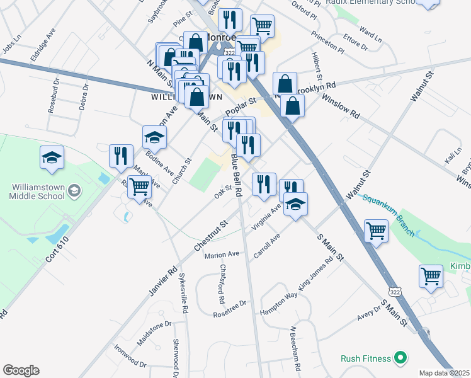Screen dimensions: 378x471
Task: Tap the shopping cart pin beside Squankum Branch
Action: pos(376,231)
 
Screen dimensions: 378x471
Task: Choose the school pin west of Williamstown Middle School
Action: pos(52,157)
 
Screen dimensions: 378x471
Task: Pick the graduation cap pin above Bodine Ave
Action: pos(154,137)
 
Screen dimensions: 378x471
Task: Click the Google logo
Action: pos(21,370)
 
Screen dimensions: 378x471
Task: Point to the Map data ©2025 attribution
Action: pos(444,373)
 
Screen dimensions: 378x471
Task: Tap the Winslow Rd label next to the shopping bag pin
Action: pos(340,106)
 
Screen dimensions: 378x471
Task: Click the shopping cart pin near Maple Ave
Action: pos(139,186)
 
